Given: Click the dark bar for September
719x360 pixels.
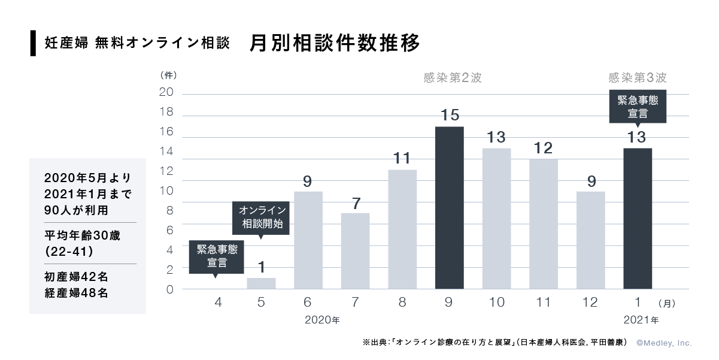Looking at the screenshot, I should coord(449,208).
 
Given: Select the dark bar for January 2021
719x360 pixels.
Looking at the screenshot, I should coord(638,219).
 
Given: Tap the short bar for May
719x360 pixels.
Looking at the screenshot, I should coord(261,283).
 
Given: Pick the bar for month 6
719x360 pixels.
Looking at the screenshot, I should coord(308,240).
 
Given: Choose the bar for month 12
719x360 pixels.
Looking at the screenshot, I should coord(590,240).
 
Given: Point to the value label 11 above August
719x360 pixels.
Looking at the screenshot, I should coord(402,158).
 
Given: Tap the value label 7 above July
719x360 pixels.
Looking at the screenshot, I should coord(356,202).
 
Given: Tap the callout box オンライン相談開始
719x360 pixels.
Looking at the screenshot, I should coord(261,217).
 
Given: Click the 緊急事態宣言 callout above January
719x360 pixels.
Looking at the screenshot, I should coord(637,106).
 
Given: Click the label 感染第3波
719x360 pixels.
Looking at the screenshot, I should coord(637,78).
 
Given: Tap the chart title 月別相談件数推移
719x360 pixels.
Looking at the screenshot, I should coord(335,44).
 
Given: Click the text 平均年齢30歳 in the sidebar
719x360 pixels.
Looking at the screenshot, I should coord(82,235).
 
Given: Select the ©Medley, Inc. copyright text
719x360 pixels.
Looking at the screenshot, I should coord(663,343).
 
